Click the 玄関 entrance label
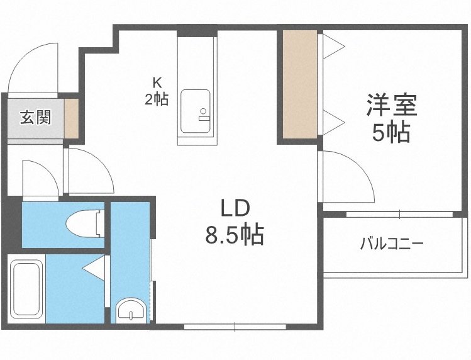click(x=35, y=118)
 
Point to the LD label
click(x=235, y=208)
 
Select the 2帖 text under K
click(x=157, y=99)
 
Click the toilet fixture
click(x=84, y=222)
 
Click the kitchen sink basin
click(x=194, y=112)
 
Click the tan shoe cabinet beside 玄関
click(x=72, y=118)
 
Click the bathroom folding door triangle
click(x=95, y=268)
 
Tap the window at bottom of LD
click(x=235, y=327)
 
